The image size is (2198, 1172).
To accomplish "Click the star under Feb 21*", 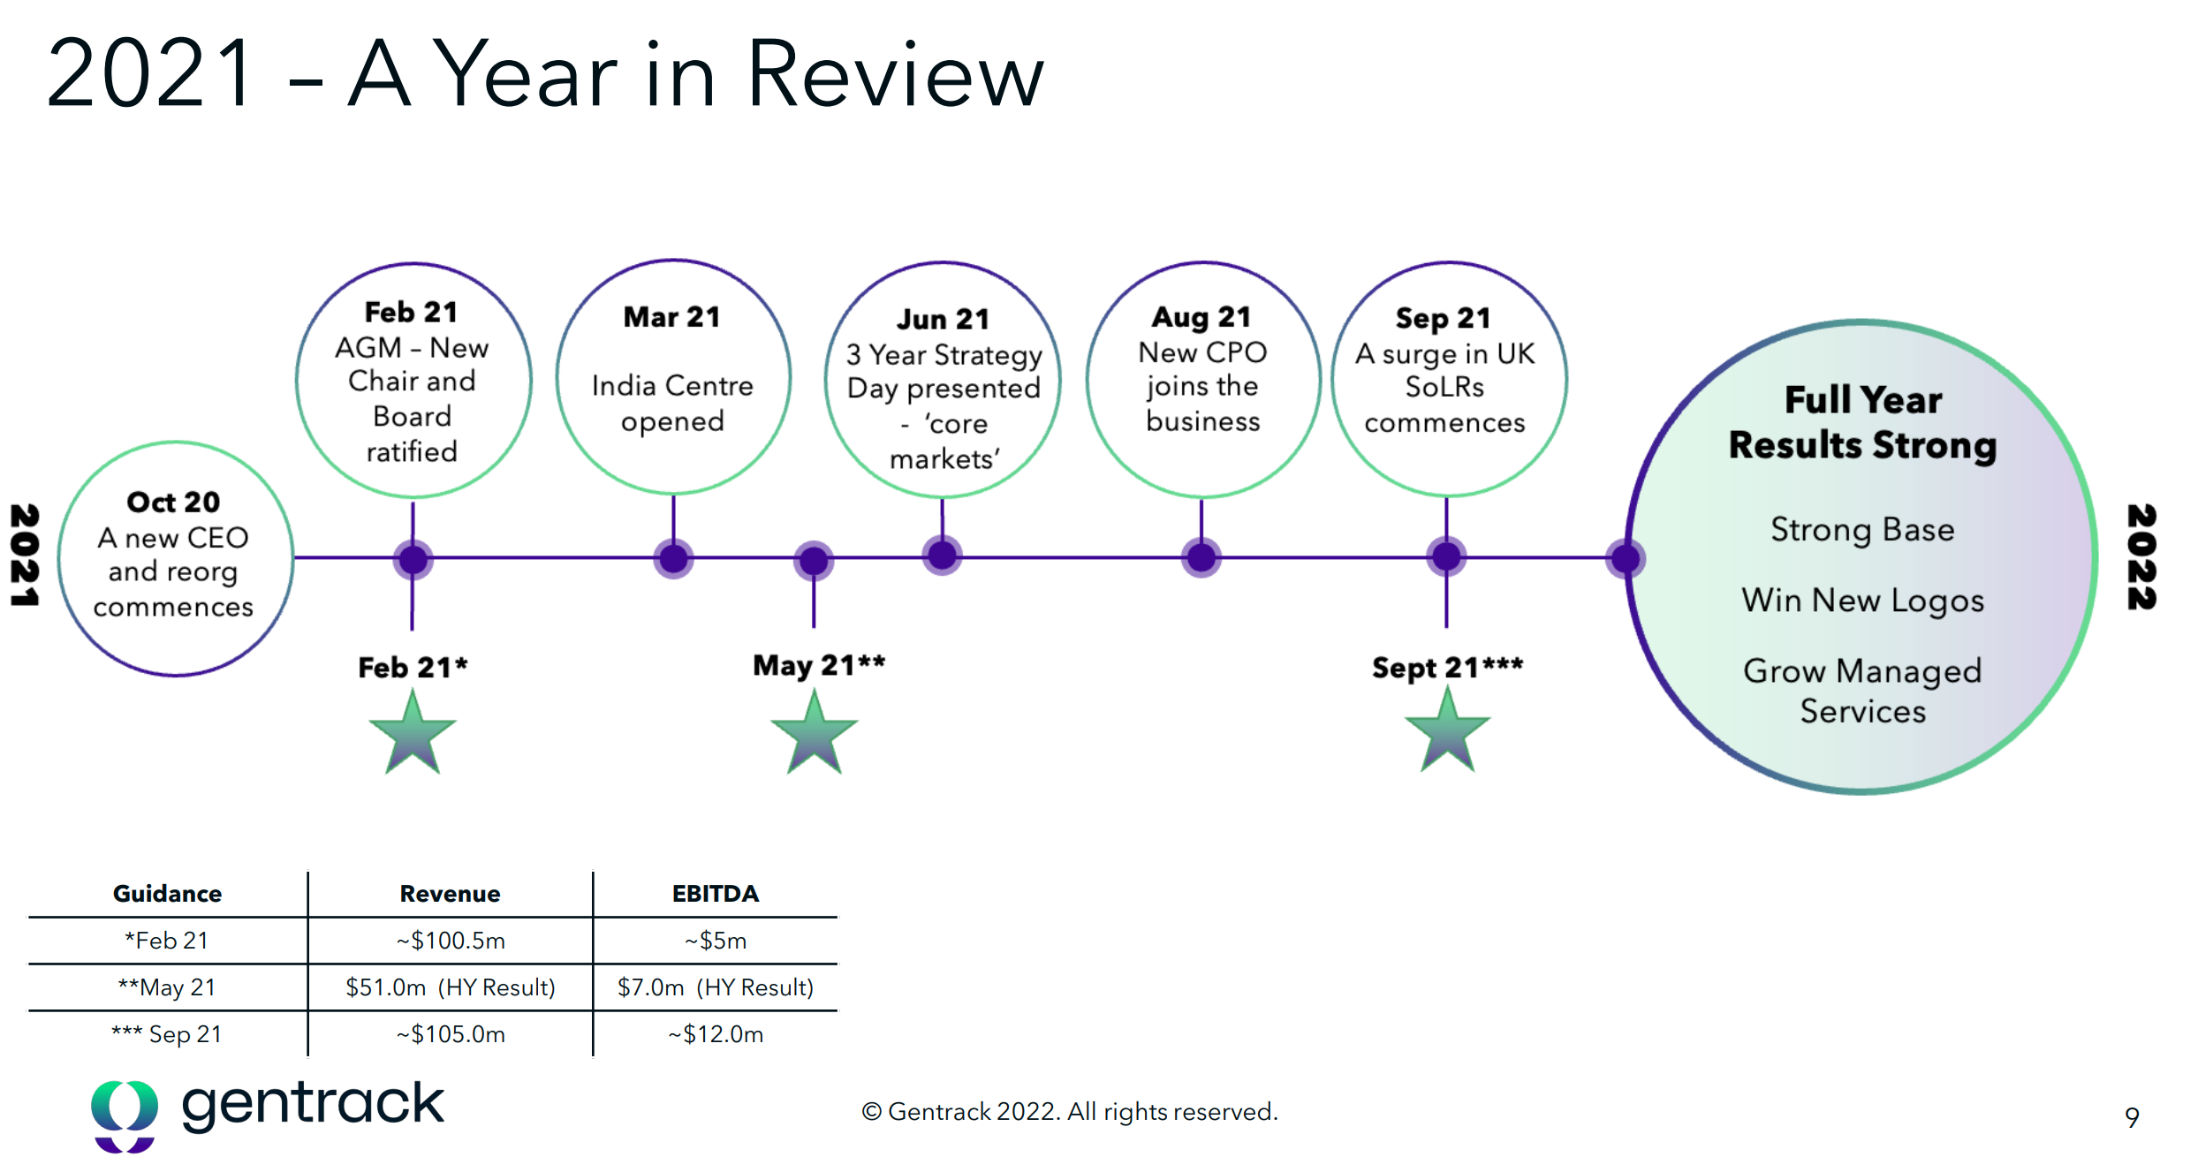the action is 413,732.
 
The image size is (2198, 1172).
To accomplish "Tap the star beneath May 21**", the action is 814,732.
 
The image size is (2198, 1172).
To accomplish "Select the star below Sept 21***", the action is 1447,730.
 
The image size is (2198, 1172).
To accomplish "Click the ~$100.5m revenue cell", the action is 451,941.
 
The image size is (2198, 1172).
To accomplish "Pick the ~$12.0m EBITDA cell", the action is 716,1034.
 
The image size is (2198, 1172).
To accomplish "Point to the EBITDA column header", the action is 716,894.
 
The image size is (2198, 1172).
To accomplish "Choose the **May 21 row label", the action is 167,987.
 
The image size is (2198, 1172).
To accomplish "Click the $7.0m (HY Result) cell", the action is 716,987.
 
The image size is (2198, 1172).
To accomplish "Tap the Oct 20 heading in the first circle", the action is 173,502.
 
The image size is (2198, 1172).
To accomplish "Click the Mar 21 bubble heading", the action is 672,316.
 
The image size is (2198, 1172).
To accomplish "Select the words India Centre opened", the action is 672,404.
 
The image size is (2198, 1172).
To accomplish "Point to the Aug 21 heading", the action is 1201,316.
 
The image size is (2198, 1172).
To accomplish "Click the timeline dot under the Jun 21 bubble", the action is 943,556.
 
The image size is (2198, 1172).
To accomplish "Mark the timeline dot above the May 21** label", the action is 814,561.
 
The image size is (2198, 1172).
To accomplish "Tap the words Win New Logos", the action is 1863,601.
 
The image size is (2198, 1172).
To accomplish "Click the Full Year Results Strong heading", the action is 1863,423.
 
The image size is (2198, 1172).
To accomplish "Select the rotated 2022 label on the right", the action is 2141,556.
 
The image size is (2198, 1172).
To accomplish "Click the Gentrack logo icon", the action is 125,1116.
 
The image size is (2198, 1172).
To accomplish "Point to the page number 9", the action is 2132,1118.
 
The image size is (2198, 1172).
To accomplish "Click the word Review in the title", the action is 895,74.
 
